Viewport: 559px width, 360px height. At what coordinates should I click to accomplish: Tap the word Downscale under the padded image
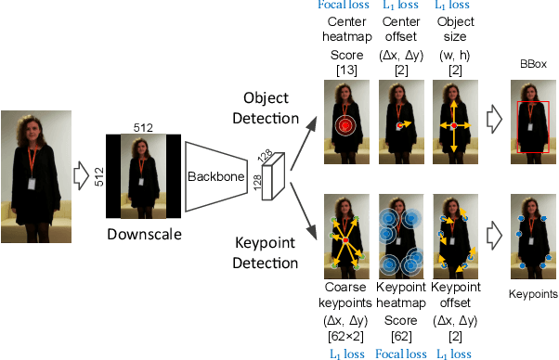coord(143,234)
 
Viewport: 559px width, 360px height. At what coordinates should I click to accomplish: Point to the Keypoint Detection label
coord(267,251)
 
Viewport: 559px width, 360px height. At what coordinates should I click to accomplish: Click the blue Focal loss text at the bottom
coord(400,354)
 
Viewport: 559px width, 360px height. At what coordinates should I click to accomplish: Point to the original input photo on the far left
coord(34,171)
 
